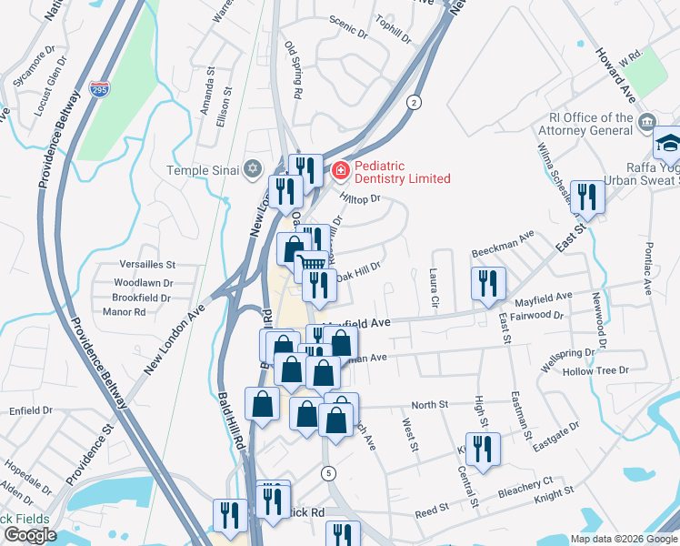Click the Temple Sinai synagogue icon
(x=253, y=169)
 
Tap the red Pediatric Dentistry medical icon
(x=340, y=170)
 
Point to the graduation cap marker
(x=668, y=143)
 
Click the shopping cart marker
(x=311, y=265)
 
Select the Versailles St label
(x=145, y=264)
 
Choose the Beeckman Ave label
(x=502, y=242)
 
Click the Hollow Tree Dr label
(x=595, y=371)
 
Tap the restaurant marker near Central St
(x=483, y=449)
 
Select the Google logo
(x=30, y=535)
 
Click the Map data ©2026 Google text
(x=624, y=539)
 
